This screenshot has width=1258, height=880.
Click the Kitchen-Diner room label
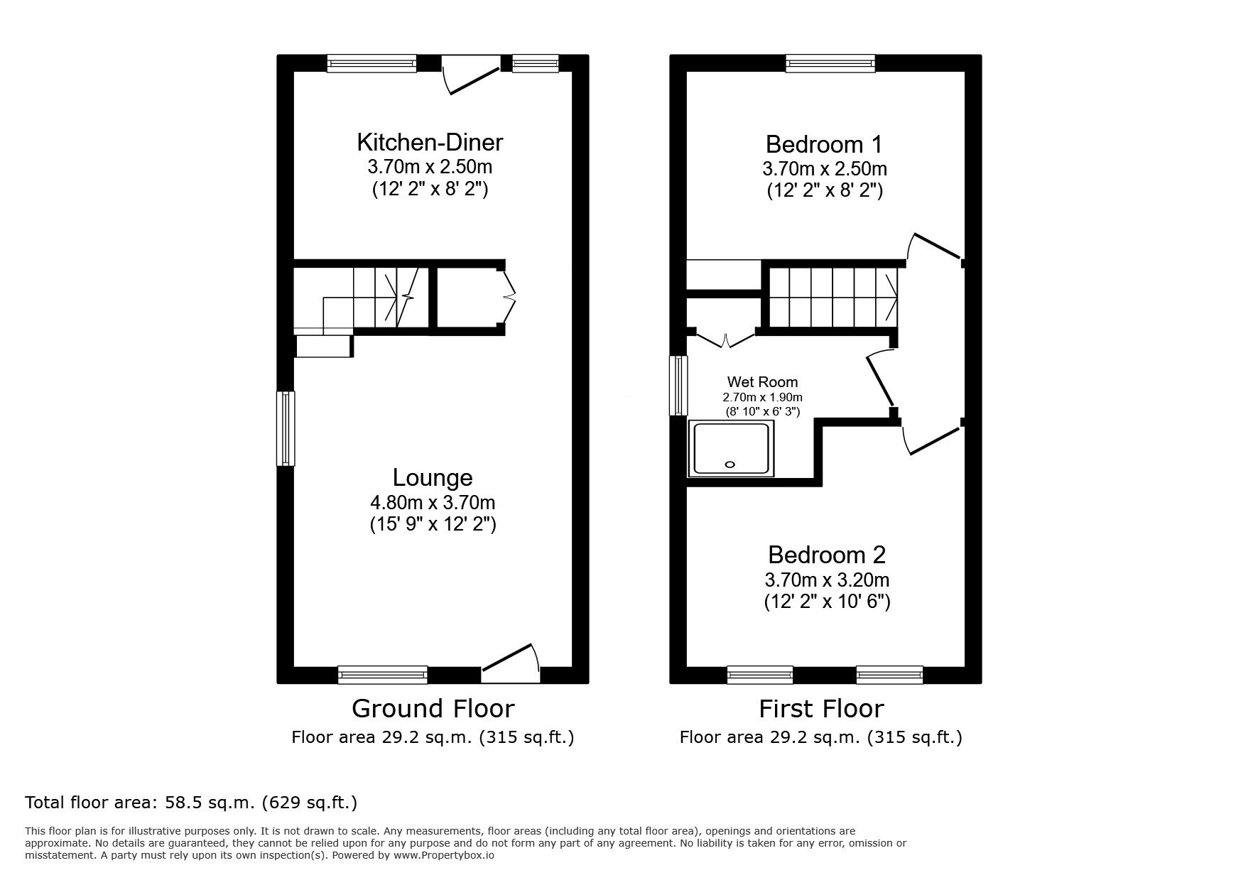[x=430, y=142]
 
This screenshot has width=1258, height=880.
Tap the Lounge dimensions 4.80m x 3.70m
[x=433, y=503]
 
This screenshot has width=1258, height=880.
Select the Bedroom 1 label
[x=823, y=145]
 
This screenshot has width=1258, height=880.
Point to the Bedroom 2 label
[x=827, y=555]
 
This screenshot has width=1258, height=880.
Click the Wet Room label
[x=762, y=382]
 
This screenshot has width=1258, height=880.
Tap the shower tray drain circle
[x=730, y=465]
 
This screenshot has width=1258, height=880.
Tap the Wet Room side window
[x=680, y=385]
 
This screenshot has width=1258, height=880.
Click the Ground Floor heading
[x=433, y=709]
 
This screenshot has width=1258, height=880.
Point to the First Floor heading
[x=821, y=709]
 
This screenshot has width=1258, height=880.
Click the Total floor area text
[x=191, y=803]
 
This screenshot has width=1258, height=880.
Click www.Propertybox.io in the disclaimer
[x=444, y=855]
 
